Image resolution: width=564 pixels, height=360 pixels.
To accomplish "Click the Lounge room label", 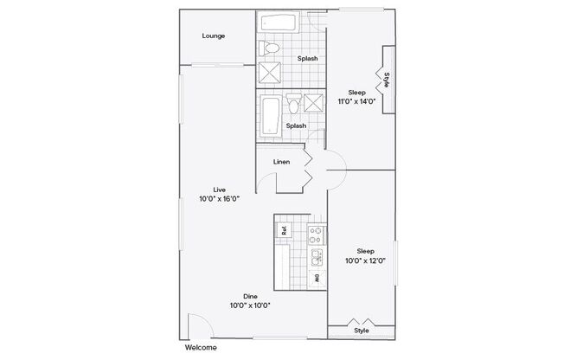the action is [214, 36].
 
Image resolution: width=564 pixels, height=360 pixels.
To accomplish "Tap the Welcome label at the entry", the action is [201, 348].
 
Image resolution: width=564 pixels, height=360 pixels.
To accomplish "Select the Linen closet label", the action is [281, 162].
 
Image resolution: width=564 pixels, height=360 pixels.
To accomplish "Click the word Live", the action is [220, 190].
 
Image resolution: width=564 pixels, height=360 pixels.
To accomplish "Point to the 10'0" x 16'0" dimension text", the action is [220, 199].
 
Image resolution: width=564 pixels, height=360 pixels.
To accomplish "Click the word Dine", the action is [250, 297].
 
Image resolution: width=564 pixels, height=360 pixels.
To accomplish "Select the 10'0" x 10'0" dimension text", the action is [250, 305].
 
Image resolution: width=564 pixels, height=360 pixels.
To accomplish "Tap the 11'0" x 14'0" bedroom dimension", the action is [356, 101].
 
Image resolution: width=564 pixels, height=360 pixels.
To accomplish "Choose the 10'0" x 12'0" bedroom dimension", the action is [365, 260].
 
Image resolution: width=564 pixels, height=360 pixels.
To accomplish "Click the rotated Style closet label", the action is [387, 80].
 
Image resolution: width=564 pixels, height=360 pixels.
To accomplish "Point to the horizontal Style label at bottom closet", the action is [362, 331].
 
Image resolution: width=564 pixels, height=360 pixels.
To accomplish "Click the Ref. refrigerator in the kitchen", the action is [284, 230].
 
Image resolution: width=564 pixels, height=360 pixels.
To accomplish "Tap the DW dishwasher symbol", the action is [317, 279].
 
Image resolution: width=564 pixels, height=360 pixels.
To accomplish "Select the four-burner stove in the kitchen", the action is [317, 235].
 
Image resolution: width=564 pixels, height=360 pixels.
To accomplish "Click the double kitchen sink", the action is [317, 257].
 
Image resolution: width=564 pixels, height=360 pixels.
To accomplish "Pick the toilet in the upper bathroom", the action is [269, 48].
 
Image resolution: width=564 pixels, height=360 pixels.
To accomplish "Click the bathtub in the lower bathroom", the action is [271, 116].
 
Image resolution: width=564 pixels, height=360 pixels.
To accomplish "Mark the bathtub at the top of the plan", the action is [278, 22].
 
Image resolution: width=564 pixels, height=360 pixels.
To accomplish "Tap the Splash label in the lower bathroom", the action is [296, 126].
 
